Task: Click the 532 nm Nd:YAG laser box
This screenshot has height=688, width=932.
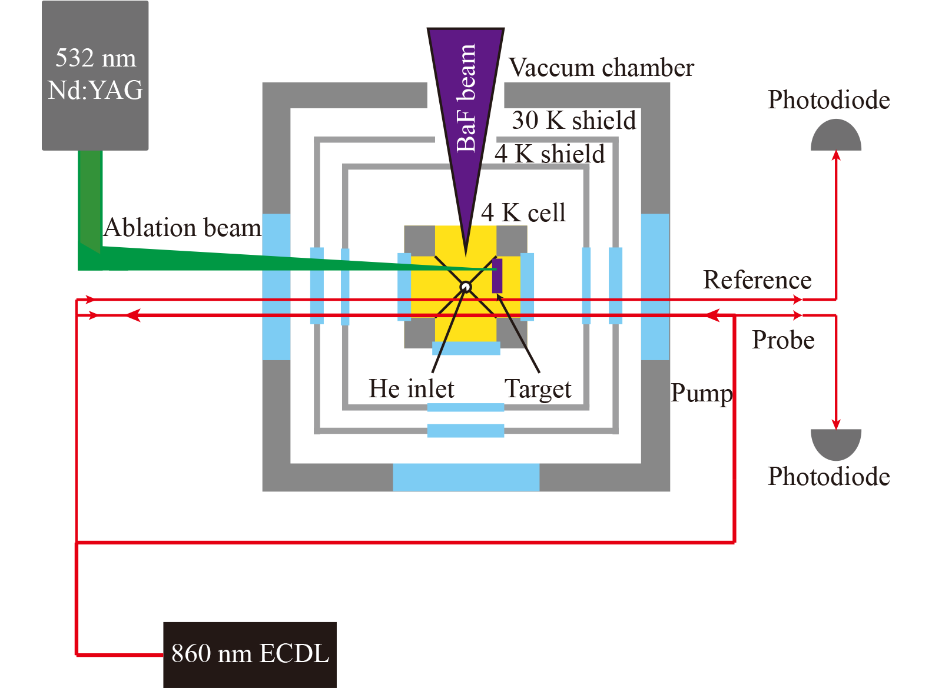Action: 95,75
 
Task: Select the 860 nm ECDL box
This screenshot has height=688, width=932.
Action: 250,654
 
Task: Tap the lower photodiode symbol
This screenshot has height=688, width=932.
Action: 835,443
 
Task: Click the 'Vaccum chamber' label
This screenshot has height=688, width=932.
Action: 601,68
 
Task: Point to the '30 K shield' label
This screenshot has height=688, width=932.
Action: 574,121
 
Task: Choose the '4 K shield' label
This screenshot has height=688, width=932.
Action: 549,154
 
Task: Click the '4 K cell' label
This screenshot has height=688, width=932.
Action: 523,213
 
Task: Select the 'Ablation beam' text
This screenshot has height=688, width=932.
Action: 183,228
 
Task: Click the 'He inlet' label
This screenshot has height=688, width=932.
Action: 412,389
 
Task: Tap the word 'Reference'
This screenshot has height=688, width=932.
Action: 757,280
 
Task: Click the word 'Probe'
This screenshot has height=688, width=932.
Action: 783,340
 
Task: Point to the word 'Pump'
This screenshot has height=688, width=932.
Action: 702,393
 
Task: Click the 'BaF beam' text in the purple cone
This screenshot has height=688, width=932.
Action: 466,99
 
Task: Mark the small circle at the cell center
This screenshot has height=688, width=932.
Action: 466,287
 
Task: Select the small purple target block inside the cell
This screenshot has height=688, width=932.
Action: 497,275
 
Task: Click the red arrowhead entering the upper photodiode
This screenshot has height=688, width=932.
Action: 836,155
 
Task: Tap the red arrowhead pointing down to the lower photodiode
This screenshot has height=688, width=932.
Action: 836,424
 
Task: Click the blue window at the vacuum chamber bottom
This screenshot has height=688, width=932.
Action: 466,477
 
